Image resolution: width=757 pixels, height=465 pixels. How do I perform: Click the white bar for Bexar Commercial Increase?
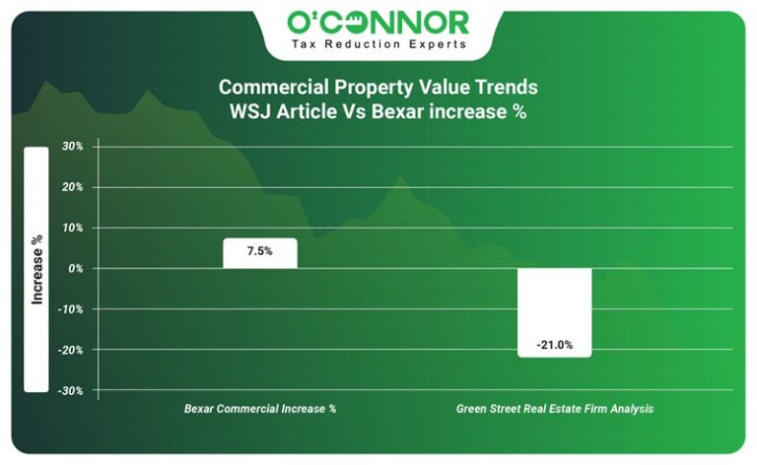[x=259, y=258]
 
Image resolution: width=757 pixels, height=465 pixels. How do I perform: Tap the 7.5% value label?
[x=259, y=252]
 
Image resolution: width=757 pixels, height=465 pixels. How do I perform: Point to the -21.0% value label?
[x=554, y=345]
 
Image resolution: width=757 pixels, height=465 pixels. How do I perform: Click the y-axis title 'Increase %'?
[x=36, y=268]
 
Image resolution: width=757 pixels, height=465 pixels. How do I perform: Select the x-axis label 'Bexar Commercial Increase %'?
[x=260, y=408]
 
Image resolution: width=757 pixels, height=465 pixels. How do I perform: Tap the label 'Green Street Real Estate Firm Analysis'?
[x=554, y=408]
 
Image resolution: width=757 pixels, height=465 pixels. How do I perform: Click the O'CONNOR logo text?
[x=378, y=22]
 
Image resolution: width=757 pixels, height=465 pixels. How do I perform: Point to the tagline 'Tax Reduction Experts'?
[x=378, y=44]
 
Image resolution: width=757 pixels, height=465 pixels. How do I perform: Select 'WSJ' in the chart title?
[x=250, y=111]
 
